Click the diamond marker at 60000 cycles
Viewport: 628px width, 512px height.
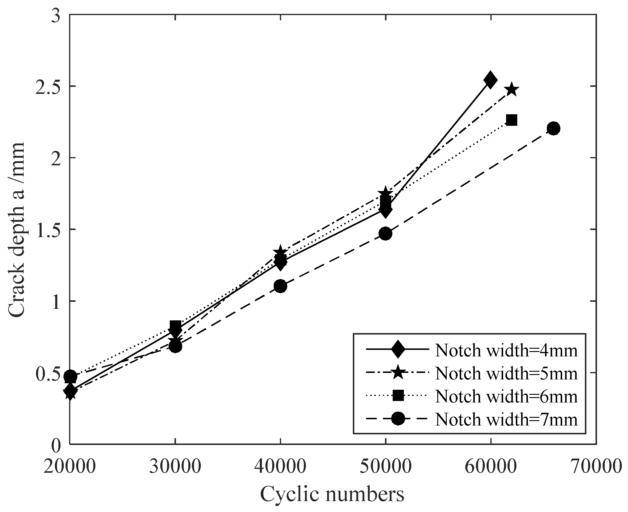point(490,80)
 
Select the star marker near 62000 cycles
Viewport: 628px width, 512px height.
point(511,90)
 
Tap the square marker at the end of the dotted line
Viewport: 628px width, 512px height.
point(511,120)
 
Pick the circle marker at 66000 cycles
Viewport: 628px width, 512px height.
point(553,128)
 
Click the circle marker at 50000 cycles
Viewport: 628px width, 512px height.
point(385,234)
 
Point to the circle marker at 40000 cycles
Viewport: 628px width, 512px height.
point(280,286)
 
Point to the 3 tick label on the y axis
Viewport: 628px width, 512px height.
point(56,14)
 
